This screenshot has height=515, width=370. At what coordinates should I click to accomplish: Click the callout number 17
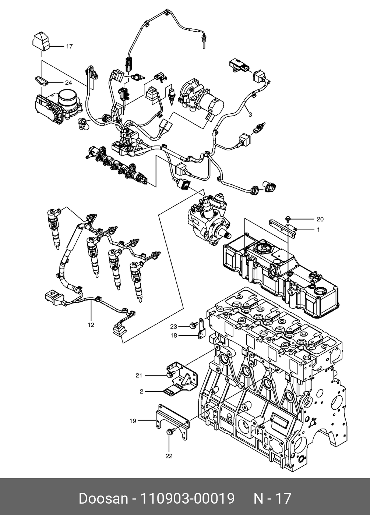click(x=69, y=46)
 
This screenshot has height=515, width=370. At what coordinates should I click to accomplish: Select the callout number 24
click(x=68, y=83)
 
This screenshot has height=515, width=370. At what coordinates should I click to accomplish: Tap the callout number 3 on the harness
click(x=250, y=114)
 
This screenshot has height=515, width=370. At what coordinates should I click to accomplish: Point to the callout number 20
click(x=320, y=219)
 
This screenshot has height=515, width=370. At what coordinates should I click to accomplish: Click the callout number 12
click(x=91, y=325)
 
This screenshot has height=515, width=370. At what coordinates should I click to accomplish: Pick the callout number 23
click(x=174, y=327)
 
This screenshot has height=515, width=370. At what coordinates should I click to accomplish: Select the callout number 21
click(x=139, y=376)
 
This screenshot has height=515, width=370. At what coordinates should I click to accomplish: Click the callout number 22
click(x=169, y=456)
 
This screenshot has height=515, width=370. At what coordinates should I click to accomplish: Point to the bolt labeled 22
click(x=170, y=432)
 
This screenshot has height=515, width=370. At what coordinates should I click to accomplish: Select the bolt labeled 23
click(x=193, y=324)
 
